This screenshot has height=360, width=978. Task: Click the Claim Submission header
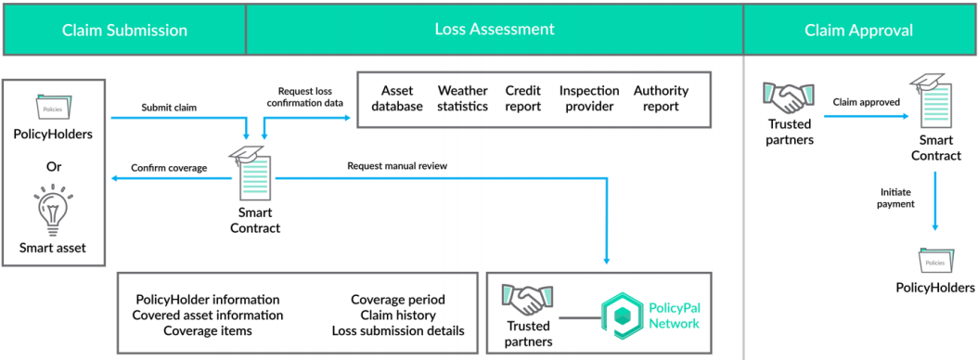coord(124,30)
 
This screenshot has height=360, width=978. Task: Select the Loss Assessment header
coord(495,30)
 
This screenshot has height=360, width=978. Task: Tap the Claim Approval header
coord(859,30)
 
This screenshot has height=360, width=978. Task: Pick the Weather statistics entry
coord(463,98)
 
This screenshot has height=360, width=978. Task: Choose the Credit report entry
coord(522,98)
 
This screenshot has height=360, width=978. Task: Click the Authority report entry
coord(662,98)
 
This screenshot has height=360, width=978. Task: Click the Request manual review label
coord(397,167)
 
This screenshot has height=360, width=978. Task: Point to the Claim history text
coord(398,315)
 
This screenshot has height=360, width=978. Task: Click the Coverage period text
coord(398,300)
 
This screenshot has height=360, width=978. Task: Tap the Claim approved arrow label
coord(869,103)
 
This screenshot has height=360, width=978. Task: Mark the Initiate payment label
coord(897,199)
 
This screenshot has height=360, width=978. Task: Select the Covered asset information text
coord(208,315)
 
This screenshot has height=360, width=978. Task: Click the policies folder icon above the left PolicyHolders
coord(53,108)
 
